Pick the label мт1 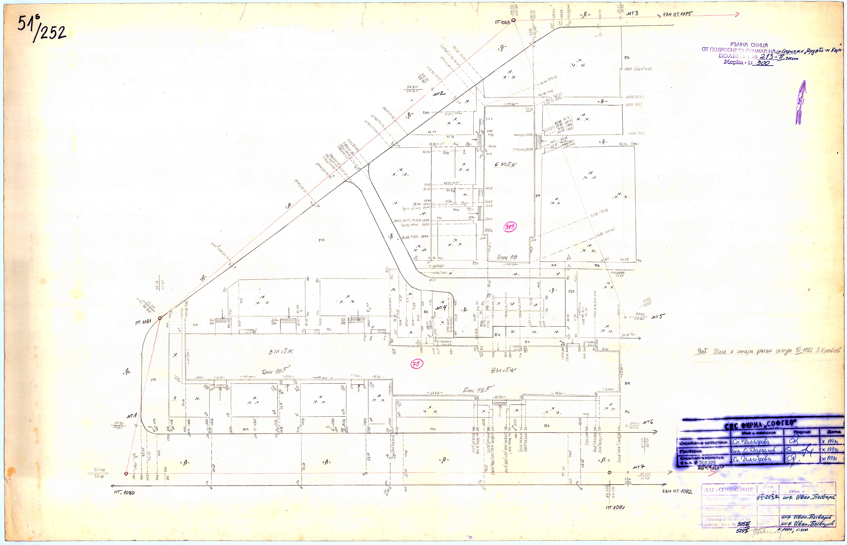point(131,416)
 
